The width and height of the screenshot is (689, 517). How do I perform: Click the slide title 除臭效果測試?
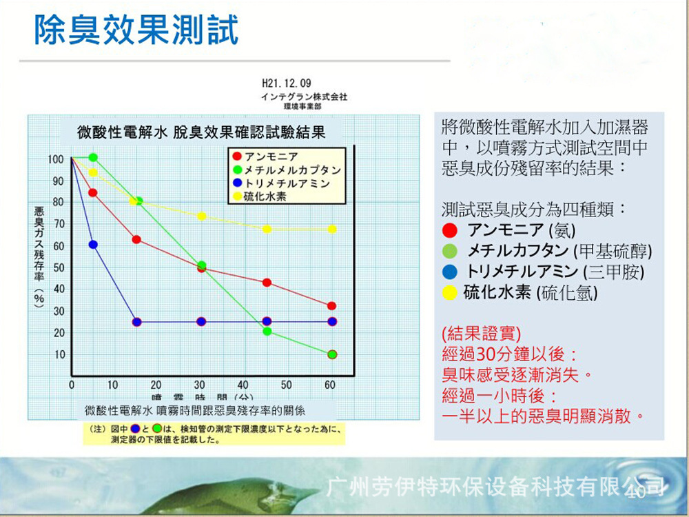[136, 31]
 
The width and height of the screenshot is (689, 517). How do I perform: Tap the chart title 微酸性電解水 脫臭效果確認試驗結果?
[201, 131]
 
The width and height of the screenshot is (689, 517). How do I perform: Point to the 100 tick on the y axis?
[56, 159]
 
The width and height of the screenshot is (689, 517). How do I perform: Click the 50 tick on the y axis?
[59, 267]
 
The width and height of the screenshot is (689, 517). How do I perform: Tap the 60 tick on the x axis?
[330, 384]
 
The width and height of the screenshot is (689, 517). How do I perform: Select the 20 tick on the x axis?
[156, 384]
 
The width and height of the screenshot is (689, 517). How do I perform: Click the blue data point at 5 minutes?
[93, 245]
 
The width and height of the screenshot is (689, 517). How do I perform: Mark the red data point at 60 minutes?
[331, 305]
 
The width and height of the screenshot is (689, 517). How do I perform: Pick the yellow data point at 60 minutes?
[331, 229]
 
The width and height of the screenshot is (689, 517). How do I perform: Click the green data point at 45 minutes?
[267, 332]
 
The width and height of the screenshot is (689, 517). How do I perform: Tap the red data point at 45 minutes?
[267, 283]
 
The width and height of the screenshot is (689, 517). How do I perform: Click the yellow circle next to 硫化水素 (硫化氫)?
[450, 292]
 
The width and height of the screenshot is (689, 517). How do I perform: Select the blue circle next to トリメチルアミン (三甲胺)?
[450, 272]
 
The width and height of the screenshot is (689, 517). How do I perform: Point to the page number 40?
[635, 491]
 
